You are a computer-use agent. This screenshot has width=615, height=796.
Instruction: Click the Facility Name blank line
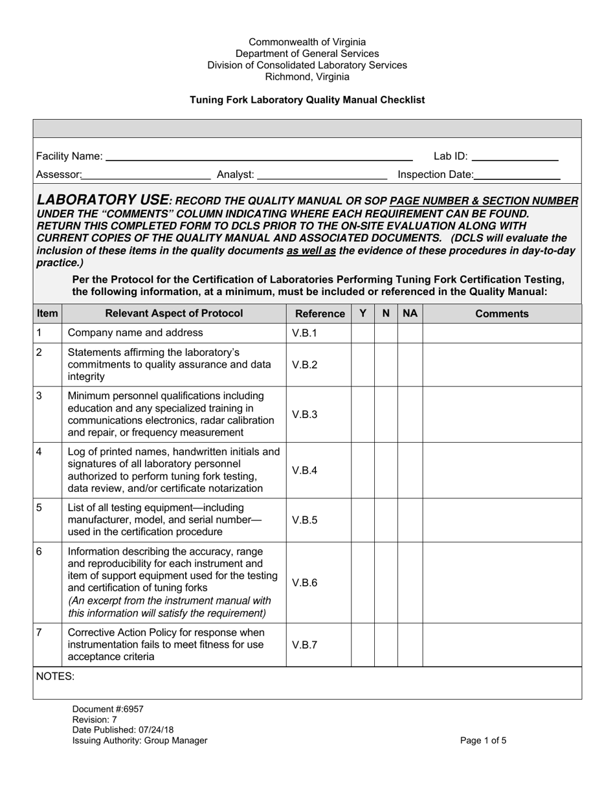click(x=259, y=157)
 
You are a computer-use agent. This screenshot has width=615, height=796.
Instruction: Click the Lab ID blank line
click(x=515, y=157)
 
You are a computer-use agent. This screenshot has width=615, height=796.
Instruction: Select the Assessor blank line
click(x=146, y=175)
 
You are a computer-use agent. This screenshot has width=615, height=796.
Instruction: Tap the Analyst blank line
click(x=322, y=175)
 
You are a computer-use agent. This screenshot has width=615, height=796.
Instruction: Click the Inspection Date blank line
click(x=517, y=175)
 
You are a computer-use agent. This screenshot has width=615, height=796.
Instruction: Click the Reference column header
click(x=319, y=314)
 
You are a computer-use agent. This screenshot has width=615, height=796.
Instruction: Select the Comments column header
click(x=502, y=314)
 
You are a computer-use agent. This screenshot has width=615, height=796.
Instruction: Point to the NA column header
click(x=410, y=313)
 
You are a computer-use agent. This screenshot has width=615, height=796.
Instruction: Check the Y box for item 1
click(x=363, y=333)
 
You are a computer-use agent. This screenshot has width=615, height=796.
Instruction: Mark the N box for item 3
click(x=386, y=414)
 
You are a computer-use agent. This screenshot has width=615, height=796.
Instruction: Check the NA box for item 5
click(x=410, y=520)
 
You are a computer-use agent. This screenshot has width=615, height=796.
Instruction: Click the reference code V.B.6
click(x=305, y=582)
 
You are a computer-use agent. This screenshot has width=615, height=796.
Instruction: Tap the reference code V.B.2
click(x=305, y=365)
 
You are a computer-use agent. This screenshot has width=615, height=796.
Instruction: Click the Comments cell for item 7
click(x=502, y=645)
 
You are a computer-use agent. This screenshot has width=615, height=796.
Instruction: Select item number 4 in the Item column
click(x=39, y=451)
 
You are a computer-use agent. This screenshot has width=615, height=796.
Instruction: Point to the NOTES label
click(x=55, y=676)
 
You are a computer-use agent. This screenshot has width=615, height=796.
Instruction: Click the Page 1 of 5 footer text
click(x=483, y=741)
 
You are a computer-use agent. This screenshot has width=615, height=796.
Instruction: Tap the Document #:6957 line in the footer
click(x=104, y=709)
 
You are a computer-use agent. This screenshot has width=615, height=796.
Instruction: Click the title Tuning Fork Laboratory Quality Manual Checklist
click(x=307, y=100)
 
